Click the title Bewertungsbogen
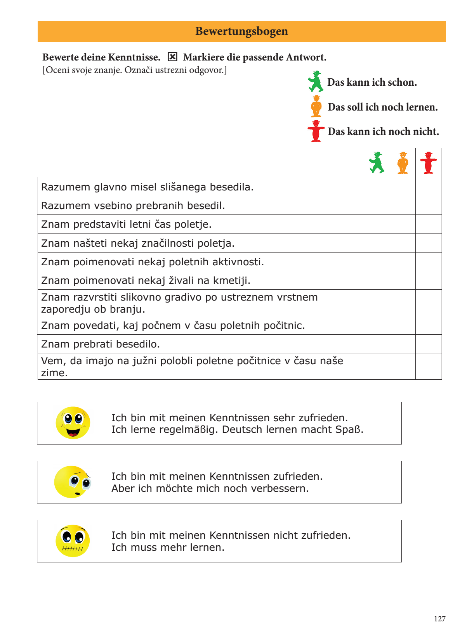point(241,31)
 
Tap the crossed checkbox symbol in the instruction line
point(172,57)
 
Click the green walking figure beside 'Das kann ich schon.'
point(316,81)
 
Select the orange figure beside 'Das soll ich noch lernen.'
point(316,106)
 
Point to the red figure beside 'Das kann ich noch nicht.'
point(316,131)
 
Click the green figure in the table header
point(377,163)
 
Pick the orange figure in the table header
point(403,163)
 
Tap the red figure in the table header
point(428,163)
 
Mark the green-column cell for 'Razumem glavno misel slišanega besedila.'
point(377,187)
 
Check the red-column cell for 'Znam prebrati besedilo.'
point(428,344)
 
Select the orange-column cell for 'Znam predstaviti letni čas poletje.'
point(403,224)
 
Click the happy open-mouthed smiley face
point(73,423)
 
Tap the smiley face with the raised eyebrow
point(73,482)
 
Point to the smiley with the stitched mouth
point(73,541)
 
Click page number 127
point(439,619)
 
